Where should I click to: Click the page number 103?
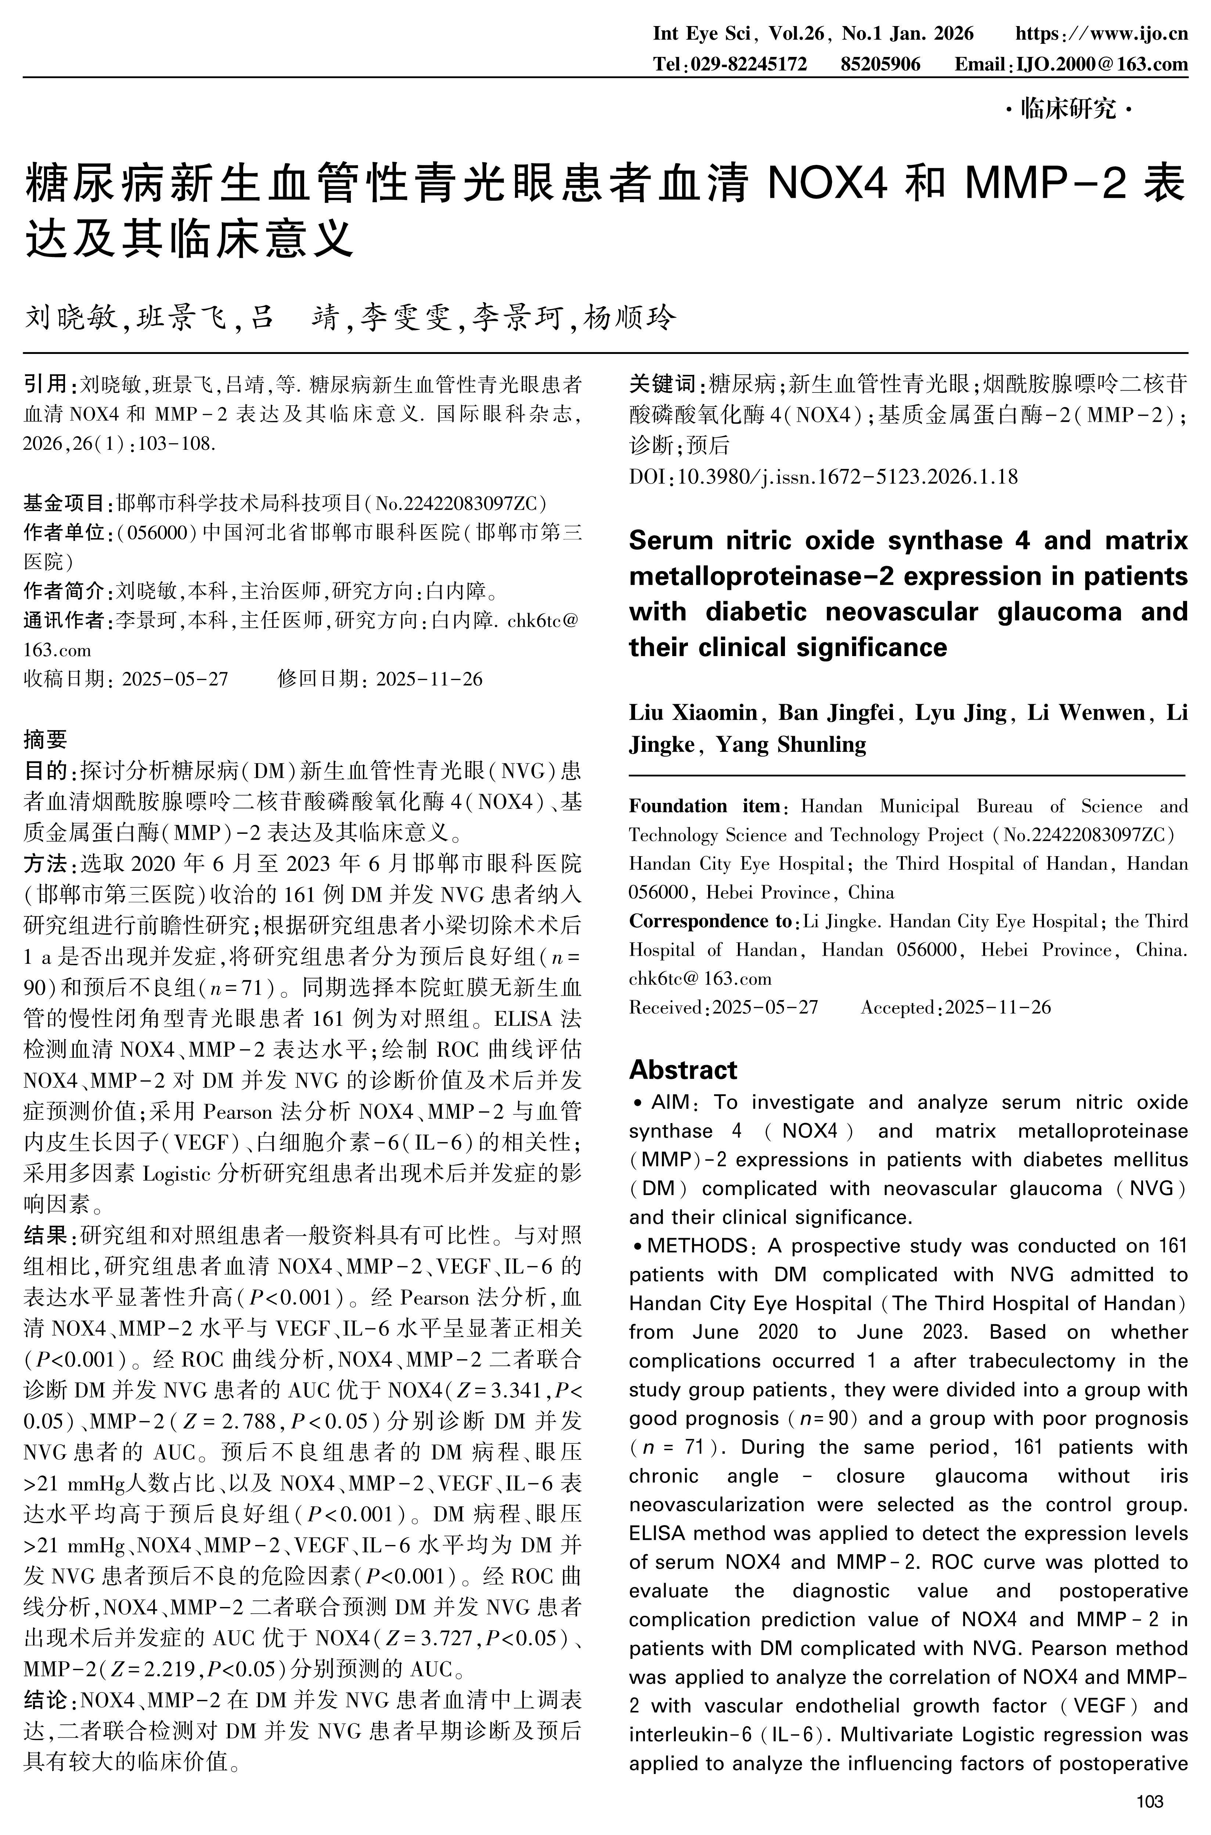pos(1150,1803)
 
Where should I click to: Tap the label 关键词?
pos(662,384)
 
